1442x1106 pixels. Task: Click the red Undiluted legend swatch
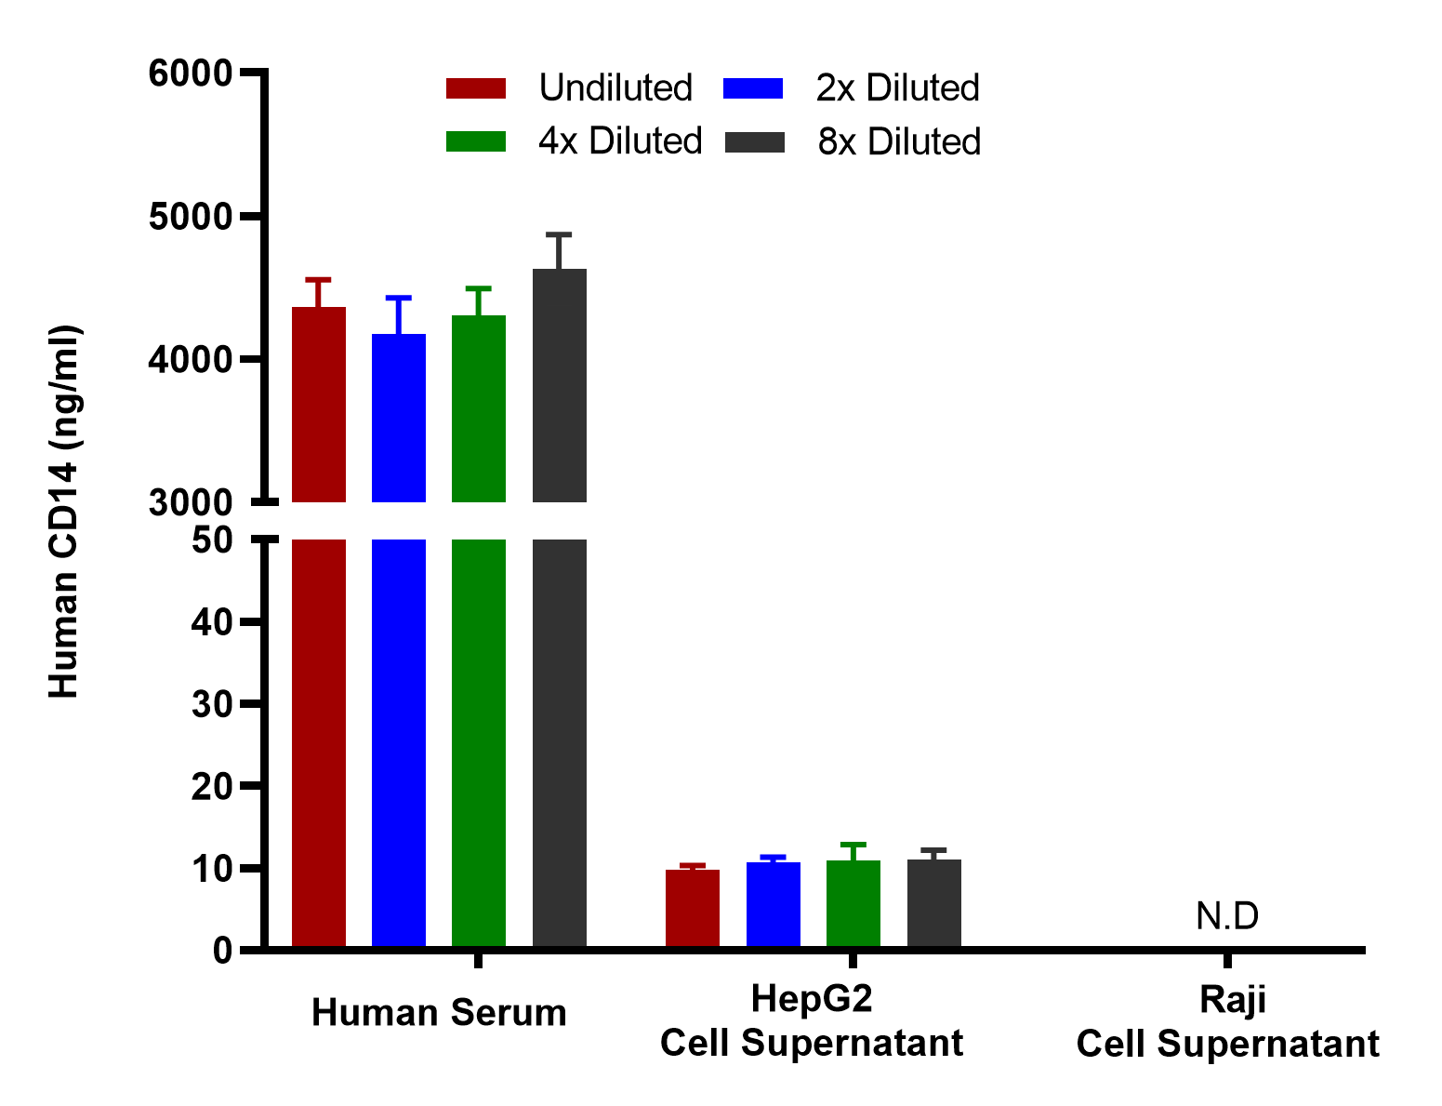476,88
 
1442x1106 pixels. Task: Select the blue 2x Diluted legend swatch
753,88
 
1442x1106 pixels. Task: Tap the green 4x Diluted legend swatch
476,141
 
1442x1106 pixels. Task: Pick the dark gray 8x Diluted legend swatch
755,142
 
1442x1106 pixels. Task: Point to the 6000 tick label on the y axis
191,73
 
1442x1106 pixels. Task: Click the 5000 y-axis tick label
191,217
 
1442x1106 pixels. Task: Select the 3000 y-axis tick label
191,502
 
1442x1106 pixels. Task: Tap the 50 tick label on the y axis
212,540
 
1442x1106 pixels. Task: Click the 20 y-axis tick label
212,787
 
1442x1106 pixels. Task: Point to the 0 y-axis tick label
223,951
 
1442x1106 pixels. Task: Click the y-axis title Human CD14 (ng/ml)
64,512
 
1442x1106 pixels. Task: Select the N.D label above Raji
1227,916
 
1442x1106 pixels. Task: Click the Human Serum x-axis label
439,1013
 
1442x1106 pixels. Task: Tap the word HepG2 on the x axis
811,998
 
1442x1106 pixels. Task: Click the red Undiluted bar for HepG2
692,908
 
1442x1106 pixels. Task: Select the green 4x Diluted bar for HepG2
853,903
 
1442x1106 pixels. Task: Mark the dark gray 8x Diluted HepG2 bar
933,903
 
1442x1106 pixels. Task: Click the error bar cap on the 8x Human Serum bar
559,235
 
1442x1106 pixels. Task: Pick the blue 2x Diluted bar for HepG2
774,904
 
